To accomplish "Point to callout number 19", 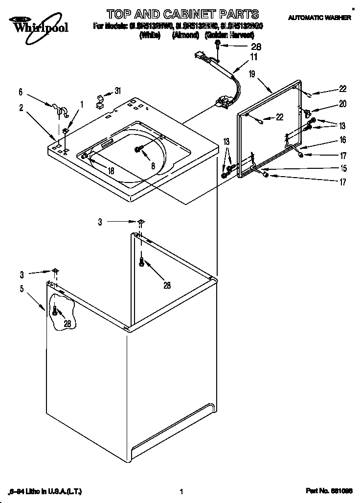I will tap(251, 74).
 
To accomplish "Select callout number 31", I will tap(117, 90).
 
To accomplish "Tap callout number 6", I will tap(21, 91).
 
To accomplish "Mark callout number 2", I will tap(21, 108).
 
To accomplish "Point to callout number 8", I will tap(153, 166).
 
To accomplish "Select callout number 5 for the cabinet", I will tap(22, 289).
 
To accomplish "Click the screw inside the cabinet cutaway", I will tap(55, 310).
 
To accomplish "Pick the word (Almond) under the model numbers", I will tap(185, 35).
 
